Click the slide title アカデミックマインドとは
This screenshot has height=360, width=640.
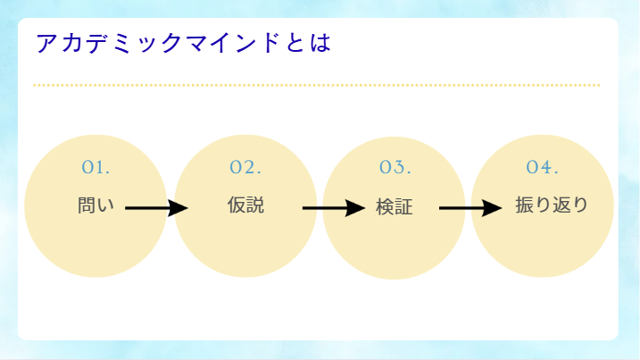tap(183, 43)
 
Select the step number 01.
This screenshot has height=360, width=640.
tap(96, 167)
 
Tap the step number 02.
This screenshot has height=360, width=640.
tap(245, 167)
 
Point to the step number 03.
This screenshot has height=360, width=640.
tap(395, 167)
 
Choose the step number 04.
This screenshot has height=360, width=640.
tap(542, 167)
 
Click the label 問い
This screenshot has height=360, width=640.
tap(96, 205)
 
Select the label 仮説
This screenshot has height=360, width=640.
tap(245, 205)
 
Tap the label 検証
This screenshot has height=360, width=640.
tap(395, 206)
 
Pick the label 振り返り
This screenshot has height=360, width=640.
tap(552, 205)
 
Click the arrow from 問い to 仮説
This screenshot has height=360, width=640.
tap(157, 208)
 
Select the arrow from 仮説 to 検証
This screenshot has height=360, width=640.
tap(334, 208)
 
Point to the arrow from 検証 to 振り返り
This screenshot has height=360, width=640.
tap(470, 208)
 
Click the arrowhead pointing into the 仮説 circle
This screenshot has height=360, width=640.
tap(178, 208)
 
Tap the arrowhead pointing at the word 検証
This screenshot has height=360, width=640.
tap(355, 208)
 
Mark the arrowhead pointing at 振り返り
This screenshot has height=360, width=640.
tap(492, 208)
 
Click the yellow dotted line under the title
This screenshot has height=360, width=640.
tap(316, 86)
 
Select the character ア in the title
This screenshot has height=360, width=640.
tap(46, 43)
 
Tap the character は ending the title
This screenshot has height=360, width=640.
tap(320, 43)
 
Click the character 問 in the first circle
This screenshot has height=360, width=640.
tap(87, 205)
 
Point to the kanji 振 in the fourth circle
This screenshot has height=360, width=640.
tap(524, 205)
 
